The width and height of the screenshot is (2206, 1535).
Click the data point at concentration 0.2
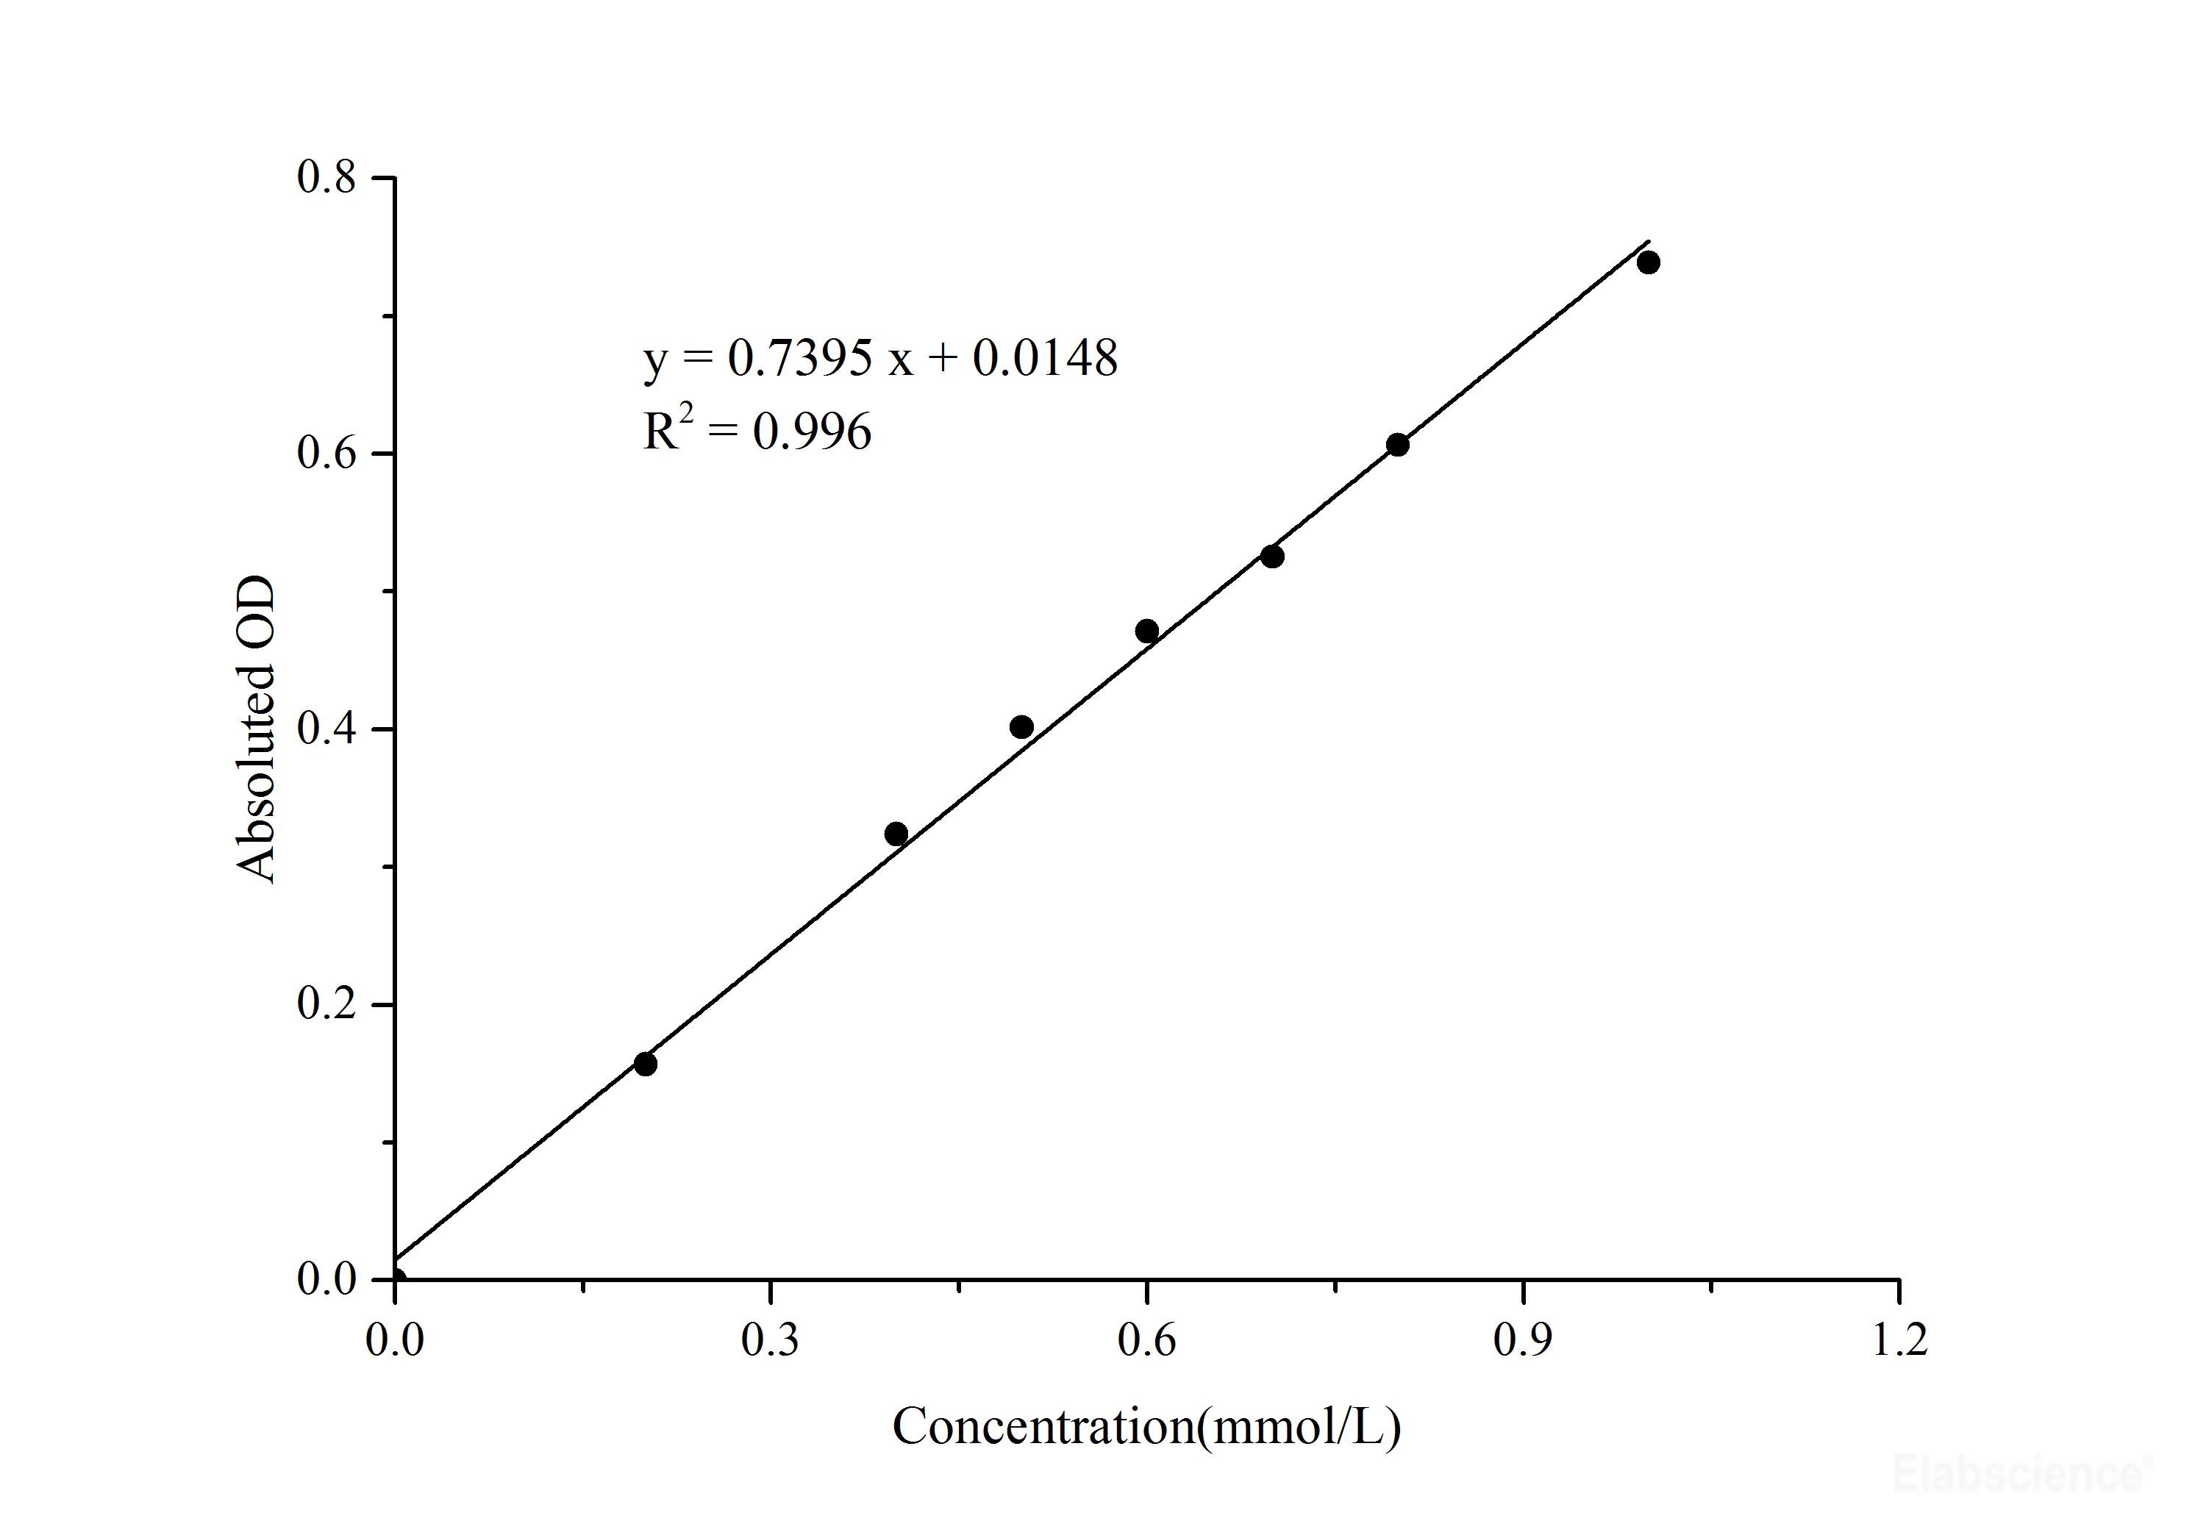(x=646, y=1063)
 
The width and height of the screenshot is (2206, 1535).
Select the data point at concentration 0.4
(x=896, y=833)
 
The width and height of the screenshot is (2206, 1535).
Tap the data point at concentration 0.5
(x=1021, y=726)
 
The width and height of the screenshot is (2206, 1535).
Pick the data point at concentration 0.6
(x=1146, y=631)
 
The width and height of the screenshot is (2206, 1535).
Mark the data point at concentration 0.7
(x=1272, y=557)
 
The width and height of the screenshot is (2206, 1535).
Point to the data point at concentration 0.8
(x=1397, y=445)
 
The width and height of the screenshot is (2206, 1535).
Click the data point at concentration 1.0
(x=1648, y=262)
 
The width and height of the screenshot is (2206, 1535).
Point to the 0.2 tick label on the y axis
(x=326, y=1003)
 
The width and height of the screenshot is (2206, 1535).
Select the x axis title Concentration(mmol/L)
(x=1146, y=1426)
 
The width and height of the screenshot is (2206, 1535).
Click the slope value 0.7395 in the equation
(x=799, y=358)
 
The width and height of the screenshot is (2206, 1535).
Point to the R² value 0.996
(x=812, y=432)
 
